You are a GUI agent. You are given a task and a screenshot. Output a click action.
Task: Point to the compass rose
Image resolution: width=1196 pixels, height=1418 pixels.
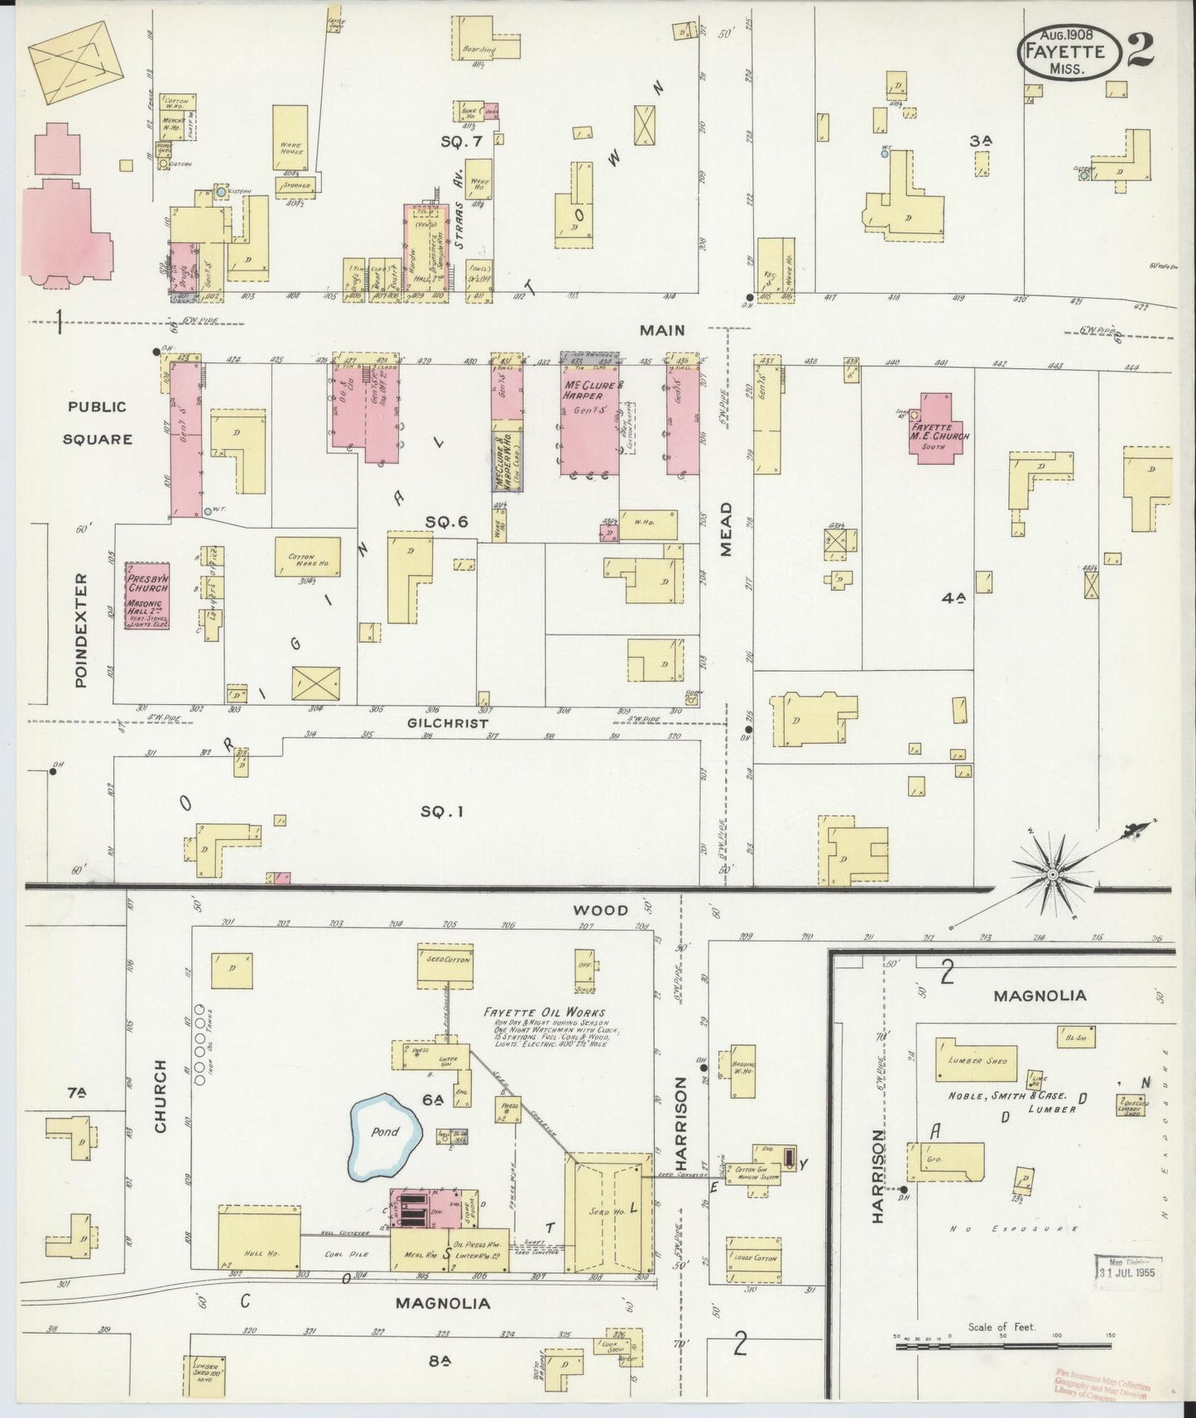pyautogui.click(x=1051, y=874)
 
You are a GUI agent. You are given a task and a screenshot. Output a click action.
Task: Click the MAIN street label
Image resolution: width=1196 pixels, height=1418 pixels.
pyautogui.click(x=662, y=330)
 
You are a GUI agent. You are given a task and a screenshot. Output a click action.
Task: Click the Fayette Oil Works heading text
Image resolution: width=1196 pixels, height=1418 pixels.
pyautogui.click(x=545, y=1013)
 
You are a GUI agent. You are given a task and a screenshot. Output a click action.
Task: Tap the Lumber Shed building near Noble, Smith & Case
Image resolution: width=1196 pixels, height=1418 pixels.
pyautogui.click(x=977, y=1060)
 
